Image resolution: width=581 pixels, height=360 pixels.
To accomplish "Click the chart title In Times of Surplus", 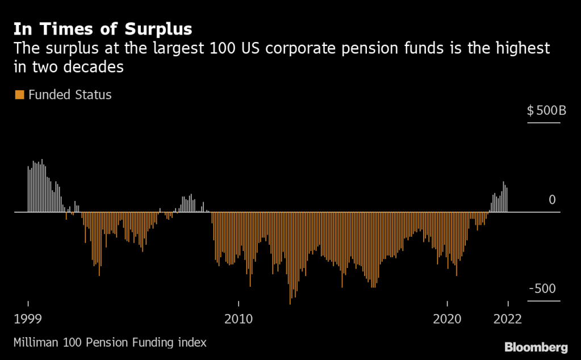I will tap(103, 29).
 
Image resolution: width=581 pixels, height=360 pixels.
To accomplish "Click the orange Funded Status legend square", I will tap(19, 95).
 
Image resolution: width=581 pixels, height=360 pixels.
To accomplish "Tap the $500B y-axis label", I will tap(546, 110).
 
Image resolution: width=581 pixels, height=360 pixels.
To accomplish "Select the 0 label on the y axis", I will tap(552, 200).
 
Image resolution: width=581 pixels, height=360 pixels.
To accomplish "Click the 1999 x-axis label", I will tap(27, 319).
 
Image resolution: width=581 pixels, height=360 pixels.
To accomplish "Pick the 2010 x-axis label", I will tap(239, 319).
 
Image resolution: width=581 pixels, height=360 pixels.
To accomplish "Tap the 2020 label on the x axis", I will tap(448, 319).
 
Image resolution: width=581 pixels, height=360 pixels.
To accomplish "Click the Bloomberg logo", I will tap(536, 347).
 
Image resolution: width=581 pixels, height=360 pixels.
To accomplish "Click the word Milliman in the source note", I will tap(35, 342).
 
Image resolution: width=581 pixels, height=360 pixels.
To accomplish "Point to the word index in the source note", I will tap(194, 342).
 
